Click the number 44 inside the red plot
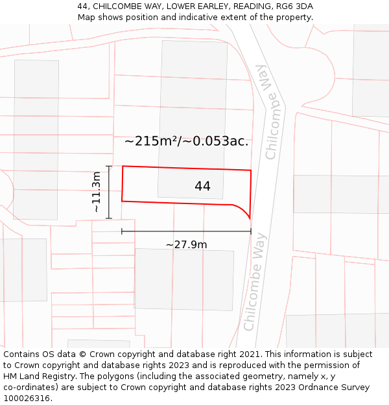pyautogui.click(x=202, y=187)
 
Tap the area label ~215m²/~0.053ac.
pyautogui.click(x=186, y=141)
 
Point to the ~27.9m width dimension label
pyautogui.click(x=187, y=244)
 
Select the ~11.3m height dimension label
pyautogui.click(x=95, y=192)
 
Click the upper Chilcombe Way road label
pyautogui.click(x=272, y=112)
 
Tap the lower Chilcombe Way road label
pyautogui.click(x=254, y=282)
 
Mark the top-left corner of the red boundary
pyautogui.click(x=123, y=166)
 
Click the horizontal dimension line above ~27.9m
pyautogui.click(x=186, y=231)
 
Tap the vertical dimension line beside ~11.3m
pyautogui.click(x=109, y=192)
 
